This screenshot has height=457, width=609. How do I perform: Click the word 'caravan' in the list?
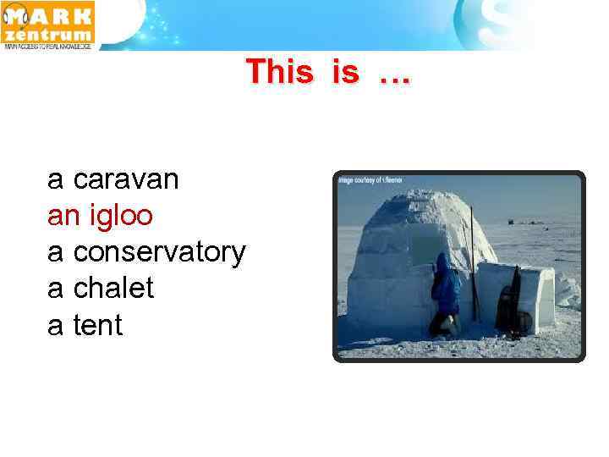tap(126, 179)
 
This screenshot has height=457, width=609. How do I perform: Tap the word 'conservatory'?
tap(160, 252)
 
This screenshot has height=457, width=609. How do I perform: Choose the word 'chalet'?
tap(113, 289)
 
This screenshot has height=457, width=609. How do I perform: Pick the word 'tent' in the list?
tap(98, 325)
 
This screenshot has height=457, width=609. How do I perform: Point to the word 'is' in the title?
tap(345, 72)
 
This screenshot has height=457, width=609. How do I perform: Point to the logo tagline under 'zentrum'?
tap(47, 47)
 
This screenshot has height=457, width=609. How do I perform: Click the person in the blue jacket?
tap(445, 296)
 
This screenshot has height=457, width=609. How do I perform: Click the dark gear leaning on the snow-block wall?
tap(510, 303)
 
